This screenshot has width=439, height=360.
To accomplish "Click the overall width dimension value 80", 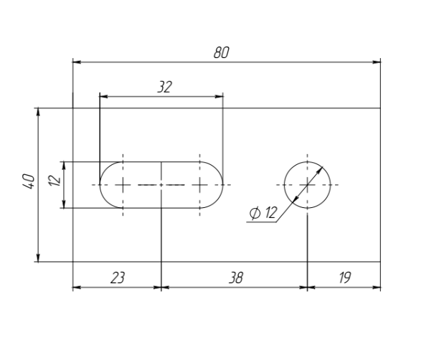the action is pyautogui.click(x=221, y=52).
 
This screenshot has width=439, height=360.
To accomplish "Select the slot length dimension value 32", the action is pyautogui.click(x=164, y=87).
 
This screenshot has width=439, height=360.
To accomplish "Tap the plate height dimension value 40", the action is pyautogui.click(x=29, y=181).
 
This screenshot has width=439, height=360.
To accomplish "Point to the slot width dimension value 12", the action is pyautogui.click(x=55, y=181).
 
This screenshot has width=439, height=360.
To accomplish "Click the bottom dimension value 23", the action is pyautogui.click(x=118, y=278).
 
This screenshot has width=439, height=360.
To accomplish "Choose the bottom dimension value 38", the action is pyautogui.click(x=236, y=278).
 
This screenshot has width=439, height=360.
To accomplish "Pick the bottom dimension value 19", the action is pyautogui.click(x=344, y=278).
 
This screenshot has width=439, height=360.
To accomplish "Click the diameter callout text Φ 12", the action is pyautogui.click(x=263, y=213).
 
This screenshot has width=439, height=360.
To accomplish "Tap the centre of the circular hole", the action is pyautogui.click(x=308, y=185).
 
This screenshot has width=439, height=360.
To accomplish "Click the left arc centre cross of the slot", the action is pyautogui.click(x=123, y=185).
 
